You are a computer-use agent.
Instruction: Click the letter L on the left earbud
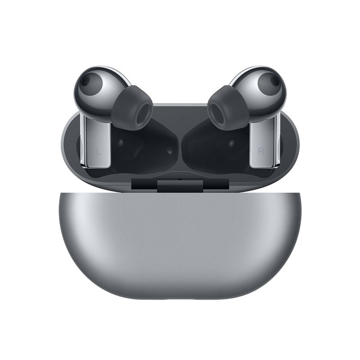coord(99,152)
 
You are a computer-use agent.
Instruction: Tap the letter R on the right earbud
coord(261,151)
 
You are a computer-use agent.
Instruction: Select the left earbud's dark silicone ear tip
coord(132,108)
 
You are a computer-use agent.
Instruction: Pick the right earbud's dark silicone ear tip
coord(228,108)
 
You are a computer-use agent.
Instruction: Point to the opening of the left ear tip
coord(143,114)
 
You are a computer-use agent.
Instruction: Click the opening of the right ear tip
coord(217,114)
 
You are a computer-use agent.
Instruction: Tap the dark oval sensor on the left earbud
coord(90,84)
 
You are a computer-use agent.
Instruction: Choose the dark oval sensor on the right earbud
coord(269,84)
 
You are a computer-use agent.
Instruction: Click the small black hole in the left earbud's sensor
coord(85,81)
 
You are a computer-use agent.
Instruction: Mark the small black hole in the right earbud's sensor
coord(274,81)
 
